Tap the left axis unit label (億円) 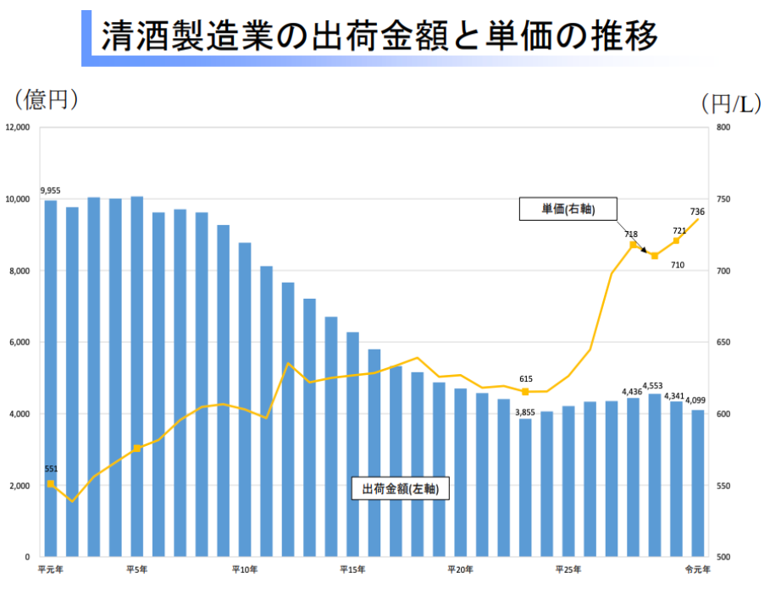tap(47, 100)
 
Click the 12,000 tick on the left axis tap(18, 128)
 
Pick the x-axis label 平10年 tap(245, 569)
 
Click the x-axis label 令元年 tap(698, 569)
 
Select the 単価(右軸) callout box tap(568, 209)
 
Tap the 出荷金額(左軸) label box tap(399, 488)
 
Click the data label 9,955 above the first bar tap(50, 190)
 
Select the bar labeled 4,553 tap(655, 475)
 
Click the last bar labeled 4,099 tap(698, 483)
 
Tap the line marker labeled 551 tap(51, 484)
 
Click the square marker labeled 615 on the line tap(525, 392)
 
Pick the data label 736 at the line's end tap(697, 212)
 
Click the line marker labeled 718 tap(633, 245)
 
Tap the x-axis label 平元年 tap(50, 569)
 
